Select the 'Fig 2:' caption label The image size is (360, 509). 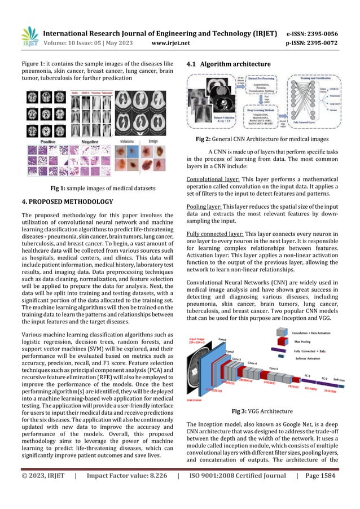(205, 139)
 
